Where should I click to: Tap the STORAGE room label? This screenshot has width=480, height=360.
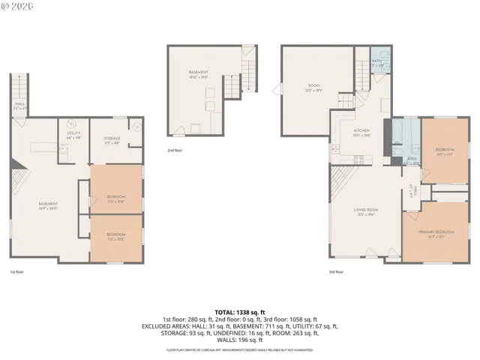[x=111, y=138]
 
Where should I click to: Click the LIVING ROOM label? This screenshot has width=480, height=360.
[x=365, y=211]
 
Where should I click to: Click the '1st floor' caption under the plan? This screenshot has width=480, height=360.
[x=16, y=272]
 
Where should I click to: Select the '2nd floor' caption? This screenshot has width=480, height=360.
[x=174, y=150]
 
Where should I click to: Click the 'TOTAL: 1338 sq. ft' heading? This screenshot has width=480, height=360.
[x=239, y=311]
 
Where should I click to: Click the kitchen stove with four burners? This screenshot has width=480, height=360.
[x=359, y=159]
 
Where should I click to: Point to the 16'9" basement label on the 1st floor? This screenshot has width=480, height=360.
[x=48, y=205]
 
